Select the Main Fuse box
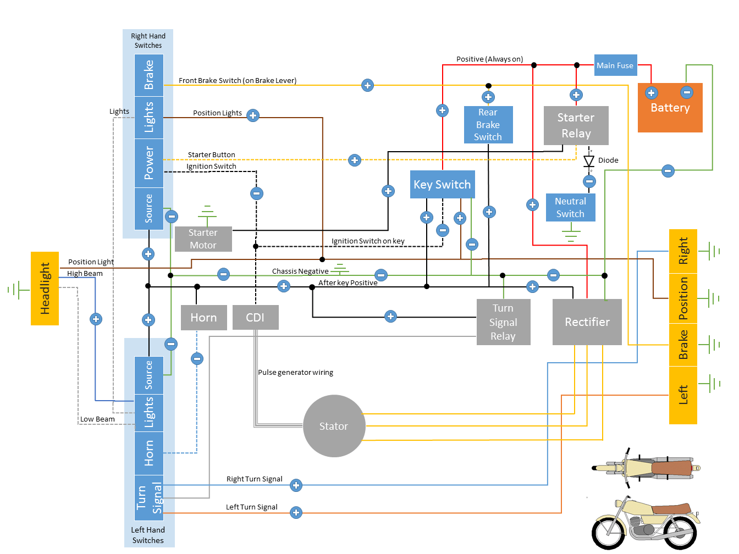pyautogui.click(x=615, y=65)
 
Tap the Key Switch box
pyautogui.click(x=442, y=185)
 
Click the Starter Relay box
pyautogui.click(x=576, y=126)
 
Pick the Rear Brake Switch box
pyautogui.click(x=488, y=125)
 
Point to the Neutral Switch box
pyautogui.click(x=570, y=208)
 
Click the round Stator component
pyautogui.click(x=334, y=426)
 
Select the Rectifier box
pyautogui.click(x=587, y=322)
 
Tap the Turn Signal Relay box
pyautogui.click(x=503, y=322)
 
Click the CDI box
pyautogui.click(x=255, y=318)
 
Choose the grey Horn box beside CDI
pyautogui.click(x=203, y=318)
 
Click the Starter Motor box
pyautogui.click(x=203, y=239)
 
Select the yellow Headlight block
pyautogui.click(x=45, y=289)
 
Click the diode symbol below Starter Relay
pyautogui.click(x=589, y=160)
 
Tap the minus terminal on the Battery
pyautogui.click(x=687, y=92)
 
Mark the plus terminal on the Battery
pyautogui.click(x=652, y=93)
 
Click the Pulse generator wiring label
pyautogui.click(x=296, y=373)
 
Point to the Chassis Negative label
pyautogui.click(x=300, y=272)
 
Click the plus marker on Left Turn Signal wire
pyautogui.click(x=296, y=513)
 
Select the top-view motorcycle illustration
pyautogui.click(x=646, y=468)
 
